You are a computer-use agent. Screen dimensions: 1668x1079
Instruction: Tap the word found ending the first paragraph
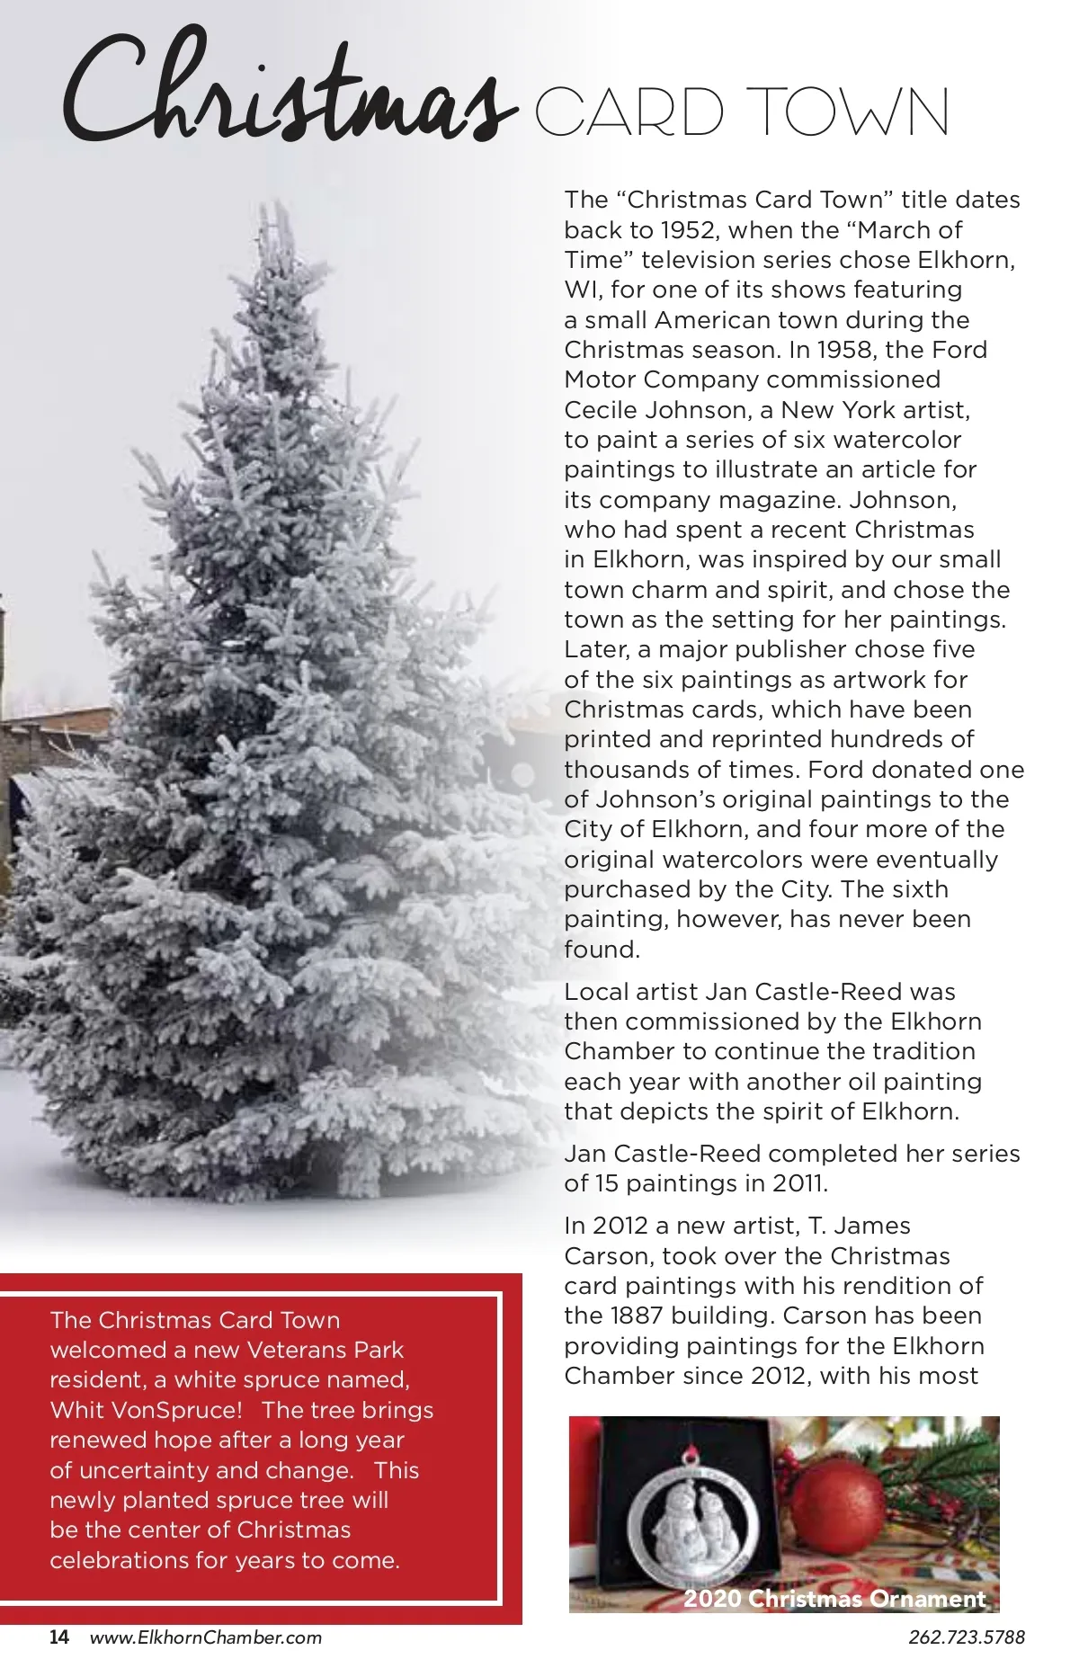tap(601, 950)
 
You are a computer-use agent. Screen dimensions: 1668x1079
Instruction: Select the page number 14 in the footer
tap(59, 1637)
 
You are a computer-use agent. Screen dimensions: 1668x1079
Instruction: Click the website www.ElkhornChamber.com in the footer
tap(206, 1637)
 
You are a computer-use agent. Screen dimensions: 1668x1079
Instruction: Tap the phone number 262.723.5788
tap(966, 1637)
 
